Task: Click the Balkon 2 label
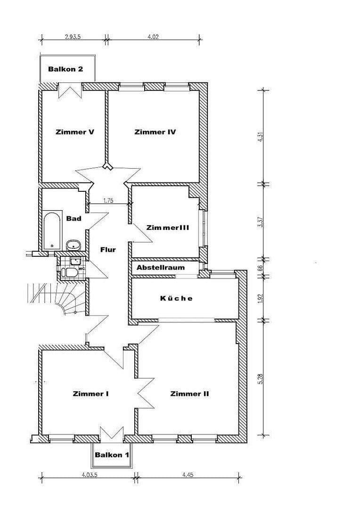[65, 69]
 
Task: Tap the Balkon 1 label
[112, 455]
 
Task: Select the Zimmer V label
[74, 132]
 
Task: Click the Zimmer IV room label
[155, 132]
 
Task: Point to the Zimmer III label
[168, 227]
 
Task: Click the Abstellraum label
[161, 268]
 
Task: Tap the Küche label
[176, 298]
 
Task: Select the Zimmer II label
[189, 394]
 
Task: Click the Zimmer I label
[91, 394]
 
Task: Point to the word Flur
[108, 250]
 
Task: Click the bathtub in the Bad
[51, 230]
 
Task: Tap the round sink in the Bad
[73, 245]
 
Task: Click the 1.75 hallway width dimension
[108, 200]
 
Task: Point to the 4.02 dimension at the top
[153, 36]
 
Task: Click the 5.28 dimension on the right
[260, 379]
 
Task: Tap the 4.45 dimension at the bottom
[188, 475]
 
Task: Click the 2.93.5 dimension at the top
[73, 36]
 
